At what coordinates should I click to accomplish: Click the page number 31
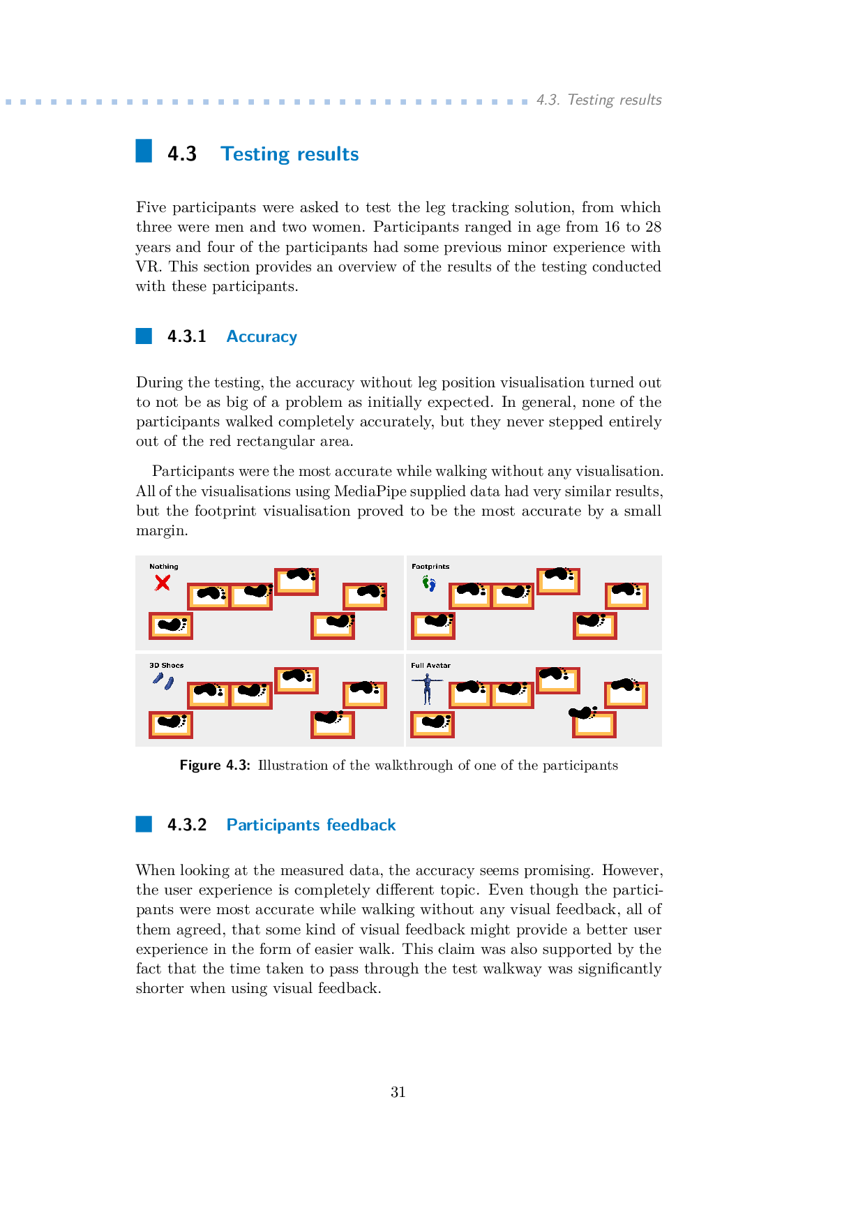pos(398,1092)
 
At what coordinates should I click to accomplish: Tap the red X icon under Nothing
pos(163,583)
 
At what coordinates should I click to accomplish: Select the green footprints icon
pos(429,583)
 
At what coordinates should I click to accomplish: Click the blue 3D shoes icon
pos(164,680)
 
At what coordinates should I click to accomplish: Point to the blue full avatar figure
pos(427,688)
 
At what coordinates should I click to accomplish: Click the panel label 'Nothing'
pos(164,567)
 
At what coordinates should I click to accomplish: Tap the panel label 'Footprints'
pos(430,567)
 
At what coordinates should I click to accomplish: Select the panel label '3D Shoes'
pos(167,666)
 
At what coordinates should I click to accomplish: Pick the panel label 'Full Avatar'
pos(430,666)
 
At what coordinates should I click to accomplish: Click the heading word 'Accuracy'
pos(262,336)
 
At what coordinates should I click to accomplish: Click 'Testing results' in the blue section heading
pos(289,154)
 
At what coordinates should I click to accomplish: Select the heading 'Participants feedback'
pos(311,825)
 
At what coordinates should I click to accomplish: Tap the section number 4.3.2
pos(187,825)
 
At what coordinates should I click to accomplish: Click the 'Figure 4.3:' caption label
pos(215,766)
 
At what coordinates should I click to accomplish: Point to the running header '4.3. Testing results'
pos(599,100)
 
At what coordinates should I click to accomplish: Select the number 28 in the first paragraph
pos(653,227)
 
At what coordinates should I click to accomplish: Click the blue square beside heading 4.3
pos(144,151)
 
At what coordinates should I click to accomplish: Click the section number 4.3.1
pos(187,336)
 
